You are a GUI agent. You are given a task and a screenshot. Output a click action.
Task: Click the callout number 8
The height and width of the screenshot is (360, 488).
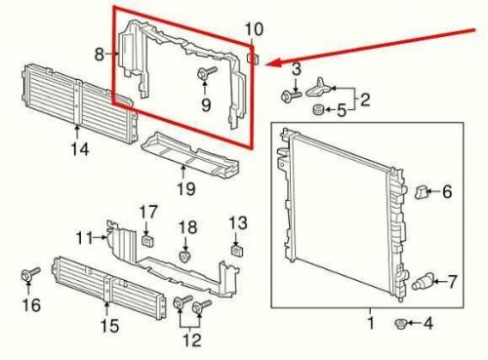coord(100,57)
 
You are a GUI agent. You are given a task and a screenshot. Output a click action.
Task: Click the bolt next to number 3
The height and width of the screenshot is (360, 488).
coord(292,96)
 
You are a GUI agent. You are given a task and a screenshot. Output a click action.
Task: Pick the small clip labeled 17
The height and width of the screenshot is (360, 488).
coord(148,238)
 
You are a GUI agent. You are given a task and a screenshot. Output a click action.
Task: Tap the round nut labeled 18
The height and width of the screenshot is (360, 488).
coord(185,256)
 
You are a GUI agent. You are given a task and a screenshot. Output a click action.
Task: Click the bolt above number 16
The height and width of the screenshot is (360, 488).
coord(27,273)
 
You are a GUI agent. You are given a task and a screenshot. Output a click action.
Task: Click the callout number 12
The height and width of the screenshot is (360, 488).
coord(191,340)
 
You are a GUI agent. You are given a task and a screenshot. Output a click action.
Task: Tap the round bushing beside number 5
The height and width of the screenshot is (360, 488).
coord(317,109)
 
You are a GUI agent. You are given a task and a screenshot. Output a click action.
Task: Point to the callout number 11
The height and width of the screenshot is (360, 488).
coord(85,237)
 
